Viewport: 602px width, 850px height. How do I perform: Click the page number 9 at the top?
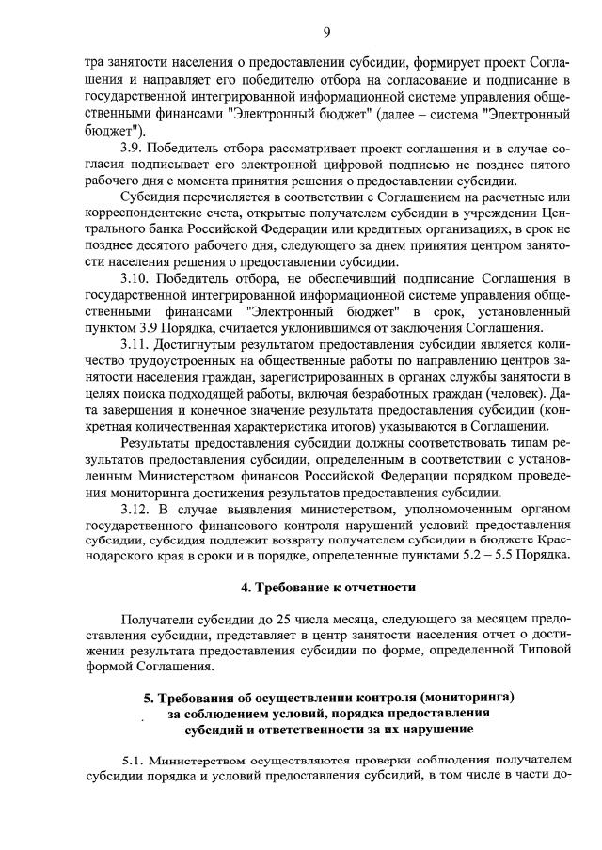[x=326, y=32]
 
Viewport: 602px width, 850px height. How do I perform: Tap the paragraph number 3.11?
[x=138, y=344]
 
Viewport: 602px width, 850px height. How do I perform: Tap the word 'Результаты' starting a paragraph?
[x=159, y=443]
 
